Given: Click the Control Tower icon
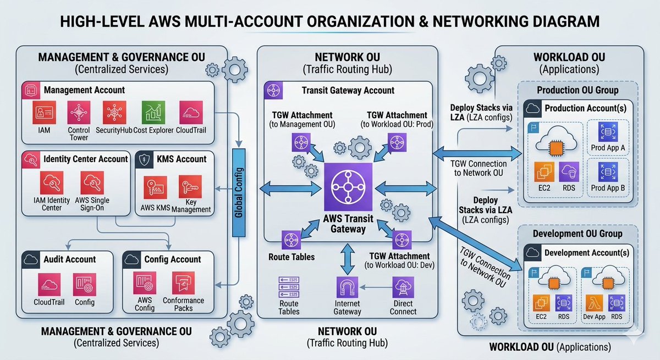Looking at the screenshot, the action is [79, 113].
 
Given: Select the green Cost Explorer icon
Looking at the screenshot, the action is [153, 113].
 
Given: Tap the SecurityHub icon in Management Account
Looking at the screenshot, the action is [114, 113].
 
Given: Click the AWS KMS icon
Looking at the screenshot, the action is [155, 187].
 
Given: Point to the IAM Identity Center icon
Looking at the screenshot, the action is [52, 182].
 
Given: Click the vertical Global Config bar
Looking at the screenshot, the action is [239, 193].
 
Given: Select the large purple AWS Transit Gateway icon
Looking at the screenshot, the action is [348, 187].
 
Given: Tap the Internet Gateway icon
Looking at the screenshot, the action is [348, 287].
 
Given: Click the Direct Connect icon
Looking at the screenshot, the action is [403, 287].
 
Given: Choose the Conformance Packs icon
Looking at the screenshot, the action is [183, 283].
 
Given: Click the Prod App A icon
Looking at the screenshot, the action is [608, 132].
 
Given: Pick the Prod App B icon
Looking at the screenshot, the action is [608, 172].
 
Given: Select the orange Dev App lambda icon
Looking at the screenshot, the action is [594, 303].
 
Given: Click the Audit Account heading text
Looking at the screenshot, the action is [69, 259].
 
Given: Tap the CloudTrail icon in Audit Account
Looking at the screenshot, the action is [49, 284].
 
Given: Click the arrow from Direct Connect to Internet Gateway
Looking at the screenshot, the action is [375, 287].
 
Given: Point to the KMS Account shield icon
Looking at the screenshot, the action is [144, 160].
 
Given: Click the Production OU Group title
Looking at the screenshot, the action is [577, 90].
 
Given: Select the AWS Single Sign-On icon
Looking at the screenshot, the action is [92, 182].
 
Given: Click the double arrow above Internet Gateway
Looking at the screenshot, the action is [348, 259].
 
